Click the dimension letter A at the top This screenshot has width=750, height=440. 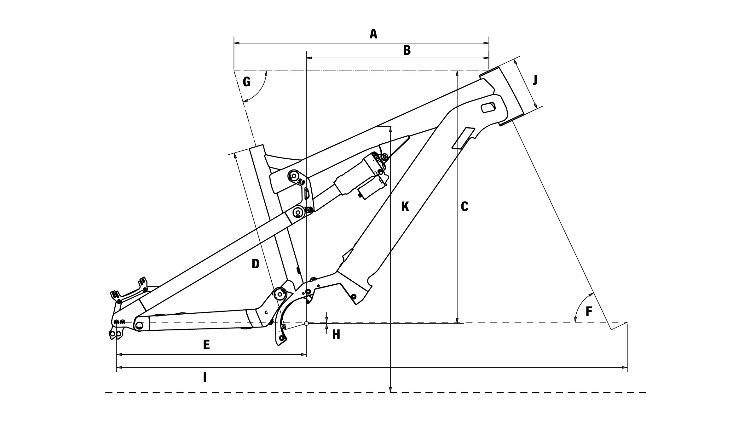(x=373, y=34)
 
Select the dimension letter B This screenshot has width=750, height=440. (x=407, y=50)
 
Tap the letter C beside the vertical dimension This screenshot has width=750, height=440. (x=464, y=207)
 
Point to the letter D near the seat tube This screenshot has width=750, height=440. (x=255, y=264)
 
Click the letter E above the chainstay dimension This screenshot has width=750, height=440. (x=206, y=345)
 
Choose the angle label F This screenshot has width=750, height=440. (x=589, y=312)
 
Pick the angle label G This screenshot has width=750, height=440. (x=247, y=82)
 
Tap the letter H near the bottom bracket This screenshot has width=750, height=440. (x=336, y=335)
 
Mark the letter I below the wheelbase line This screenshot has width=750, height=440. (x=205, y=377)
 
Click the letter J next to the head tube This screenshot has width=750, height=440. (x=535, y=81)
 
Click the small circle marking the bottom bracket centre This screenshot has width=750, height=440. (x=306, y=323)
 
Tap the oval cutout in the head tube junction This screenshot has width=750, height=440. (x=488, y=107)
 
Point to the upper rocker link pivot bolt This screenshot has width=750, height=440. (x=294, y=175)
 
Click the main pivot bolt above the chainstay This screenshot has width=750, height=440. (x=279, y=294)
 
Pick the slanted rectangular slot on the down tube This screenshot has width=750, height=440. (x=463, y=138)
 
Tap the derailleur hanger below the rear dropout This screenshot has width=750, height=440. (x=115, y=334)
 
